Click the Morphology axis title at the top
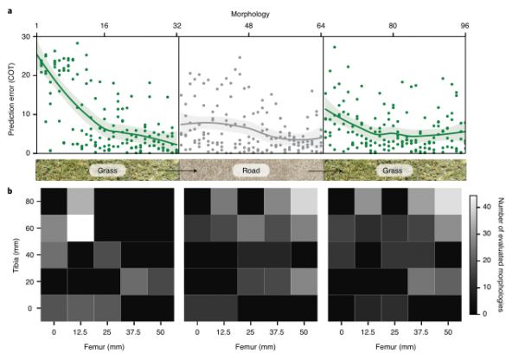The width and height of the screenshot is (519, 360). click(249, 15)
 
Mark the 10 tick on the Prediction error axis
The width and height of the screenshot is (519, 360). click(27, 115)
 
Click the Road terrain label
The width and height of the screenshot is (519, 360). click(249, 170)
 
